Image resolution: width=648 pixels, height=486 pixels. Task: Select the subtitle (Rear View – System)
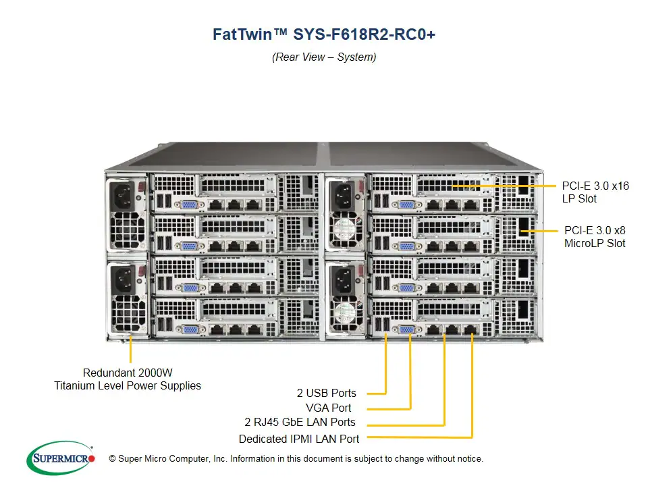(324, 57)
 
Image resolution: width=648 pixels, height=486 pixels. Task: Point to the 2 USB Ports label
(326, 393)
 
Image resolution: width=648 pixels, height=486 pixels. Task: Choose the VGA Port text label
(329, 408)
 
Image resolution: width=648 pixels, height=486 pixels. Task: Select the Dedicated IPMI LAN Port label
(299, 439)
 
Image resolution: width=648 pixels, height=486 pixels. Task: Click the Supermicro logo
(60, 458)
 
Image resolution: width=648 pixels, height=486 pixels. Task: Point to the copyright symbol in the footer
(103, 459)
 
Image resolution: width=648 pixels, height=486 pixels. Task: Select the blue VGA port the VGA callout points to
(408, 329)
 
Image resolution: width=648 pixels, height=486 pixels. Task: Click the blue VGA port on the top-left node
(189, 205)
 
